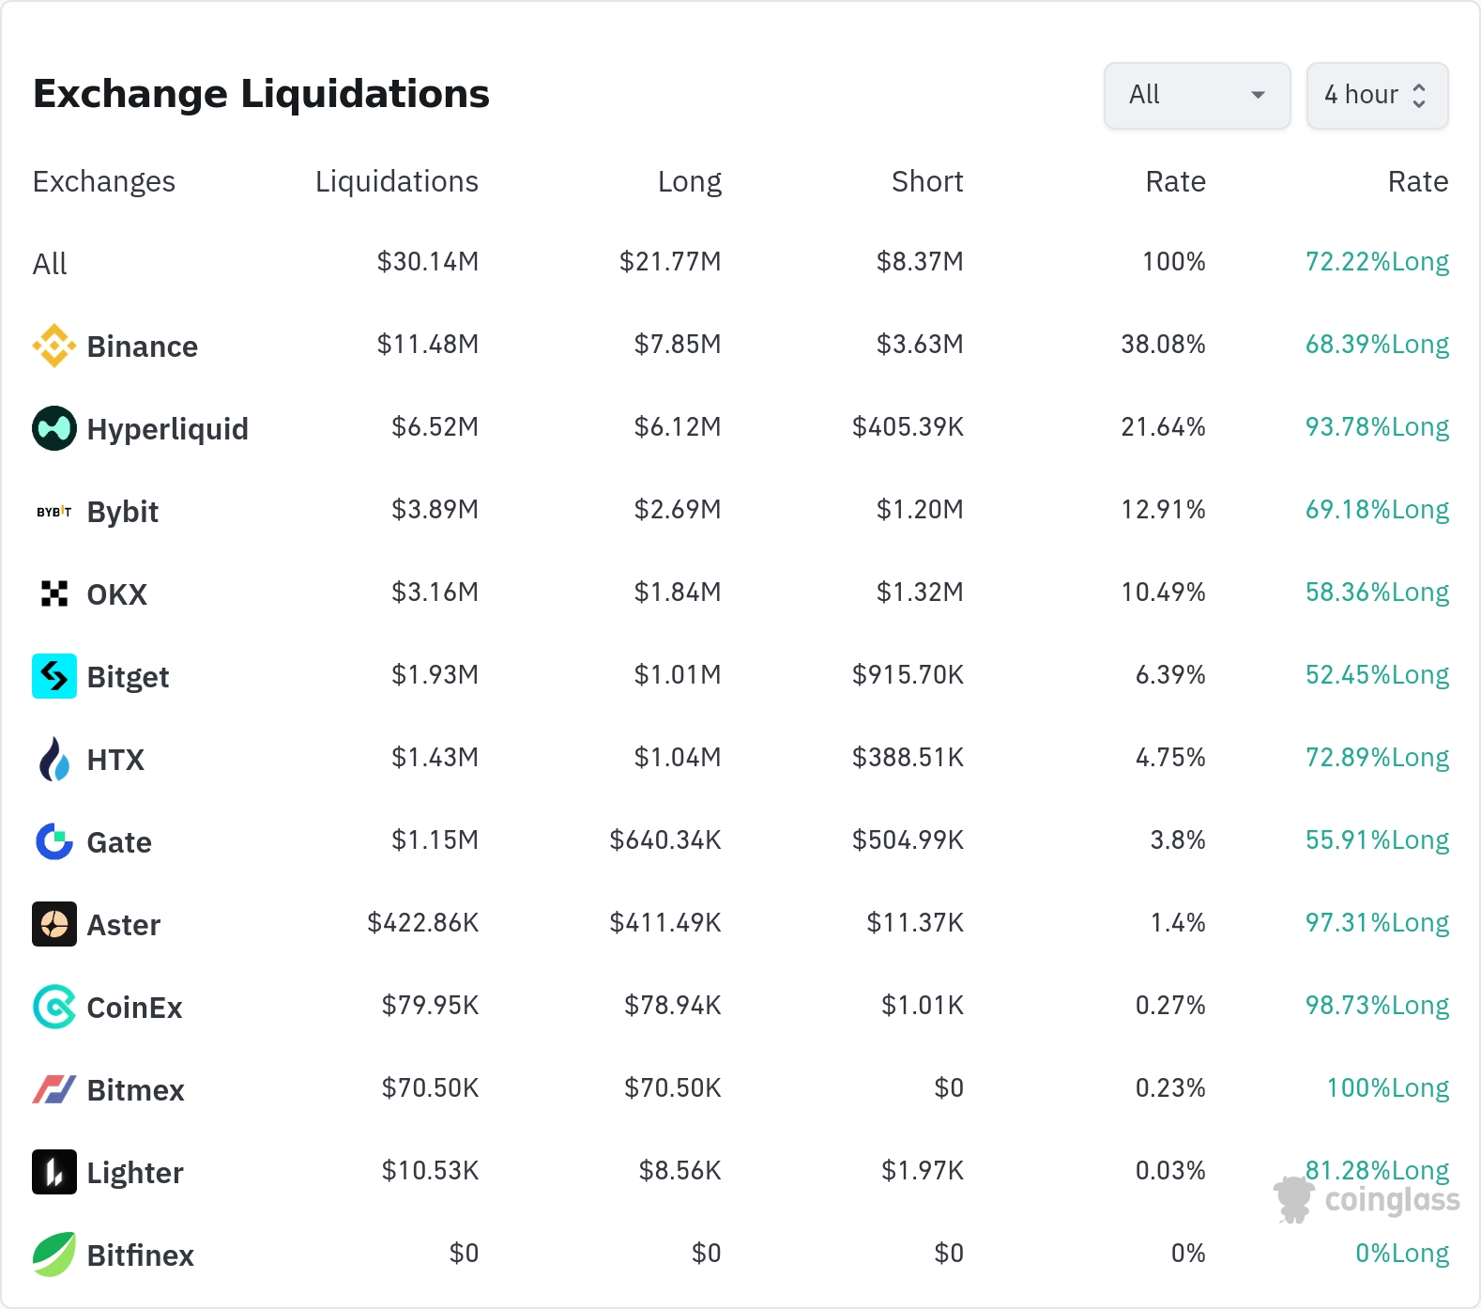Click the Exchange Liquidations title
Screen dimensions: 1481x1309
point(261,94)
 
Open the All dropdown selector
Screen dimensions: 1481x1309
point(1197,95)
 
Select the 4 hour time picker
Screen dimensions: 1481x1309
point(1377,95)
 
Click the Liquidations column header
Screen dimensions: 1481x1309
point(396,181)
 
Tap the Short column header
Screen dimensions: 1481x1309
point(927,181)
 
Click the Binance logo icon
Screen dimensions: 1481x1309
point(54,346)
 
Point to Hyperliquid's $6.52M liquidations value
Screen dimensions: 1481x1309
point(435,427)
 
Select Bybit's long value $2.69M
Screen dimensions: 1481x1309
point(678,510)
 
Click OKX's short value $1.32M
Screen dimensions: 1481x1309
point(920,593)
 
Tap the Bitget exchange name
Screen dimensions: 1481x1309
point(128,677)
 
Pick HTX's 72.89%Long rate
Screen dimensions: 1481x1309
point(1377,758)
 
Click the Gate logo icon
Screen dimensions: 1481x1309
point(54,841)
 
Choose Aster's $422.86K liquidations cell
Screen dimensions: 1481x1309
point(422,923)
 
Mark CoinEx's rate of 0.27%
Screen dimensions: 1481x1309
point(1170,1006)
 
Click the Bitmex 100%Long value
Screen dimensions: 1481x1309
point(1387,1088)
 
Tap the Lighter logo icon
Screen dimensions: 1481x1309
point(54,1172)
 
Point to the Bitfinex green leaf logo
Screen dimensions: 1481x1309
point(54,1255)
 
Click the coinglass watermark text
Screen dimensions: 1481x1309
point(1392,1201)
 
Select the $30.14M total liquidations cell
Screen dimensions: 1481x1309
point(427,262)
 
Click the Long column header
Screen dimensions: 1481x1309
point(690,181)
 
